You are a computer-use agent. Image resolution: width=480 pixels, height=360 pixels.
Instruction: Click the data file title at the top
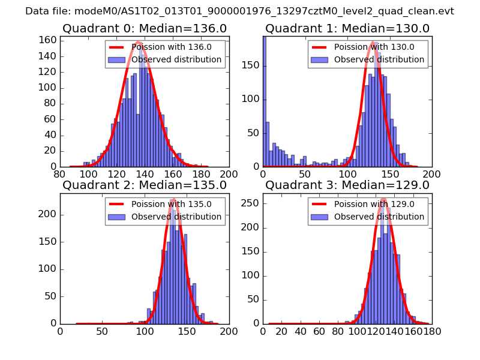click(239, 11)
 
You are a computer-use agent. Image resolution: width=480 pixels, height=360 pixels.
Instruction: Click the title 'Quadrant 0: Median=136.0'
click(144, 28)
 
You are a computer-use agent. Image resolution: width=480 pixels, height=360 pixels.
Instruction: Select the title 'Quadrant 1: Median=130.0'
click(347, 28)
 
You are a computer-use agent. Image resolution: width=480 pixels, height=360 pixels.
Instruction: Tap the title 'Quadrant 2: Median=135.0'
click(144, 185)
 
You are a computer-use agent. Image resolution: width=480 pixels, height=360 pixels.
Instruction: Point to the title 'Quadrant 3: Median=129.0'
click(347, 185)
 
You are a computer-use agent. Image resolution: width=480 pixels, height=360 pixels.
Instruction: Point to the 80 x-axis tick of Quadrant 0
click(60, 174)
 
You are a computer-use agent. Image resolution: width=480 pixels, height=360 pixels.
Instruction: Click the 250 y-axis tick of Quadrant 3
click(252, 203)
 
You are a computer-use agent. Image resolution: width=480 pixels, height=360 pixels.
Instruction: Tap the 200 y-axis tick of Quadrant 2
click(49, 215)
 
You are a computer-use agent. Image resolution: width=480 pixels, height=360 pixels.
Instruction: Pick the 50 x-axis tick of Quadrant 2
click(102, 331)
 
